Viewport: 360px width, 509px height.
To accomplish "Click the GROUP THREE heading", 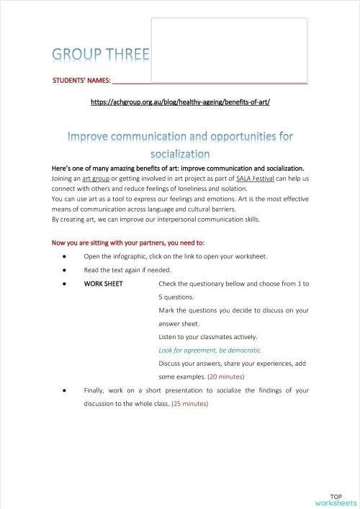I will click(x=100, y=55).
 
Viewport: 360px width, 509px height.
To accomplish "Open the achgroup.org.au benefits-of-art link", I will click(x=179, y=103).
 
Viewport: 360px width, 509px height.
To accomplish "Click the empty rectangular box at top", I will click(x=229, y=49).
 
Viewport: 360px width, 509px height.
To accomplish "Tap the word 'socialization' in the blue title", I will click(x=180, y=153).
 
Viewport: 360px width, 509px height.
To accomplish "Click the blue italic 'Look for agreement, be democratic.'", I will click(x=210, y=350).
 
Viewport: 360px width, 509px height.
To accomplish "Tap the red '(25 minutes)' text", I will click(x=189, y=404).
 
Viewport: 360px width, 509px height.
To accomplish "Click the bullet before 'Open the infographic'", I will click(x=65, y=256).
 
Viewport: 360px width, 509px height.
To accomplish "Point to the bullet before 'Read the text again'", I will click(x=65, y=270).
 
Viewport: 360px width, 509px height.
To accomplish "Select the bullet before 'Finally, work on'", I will click(x=65, y=390).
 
